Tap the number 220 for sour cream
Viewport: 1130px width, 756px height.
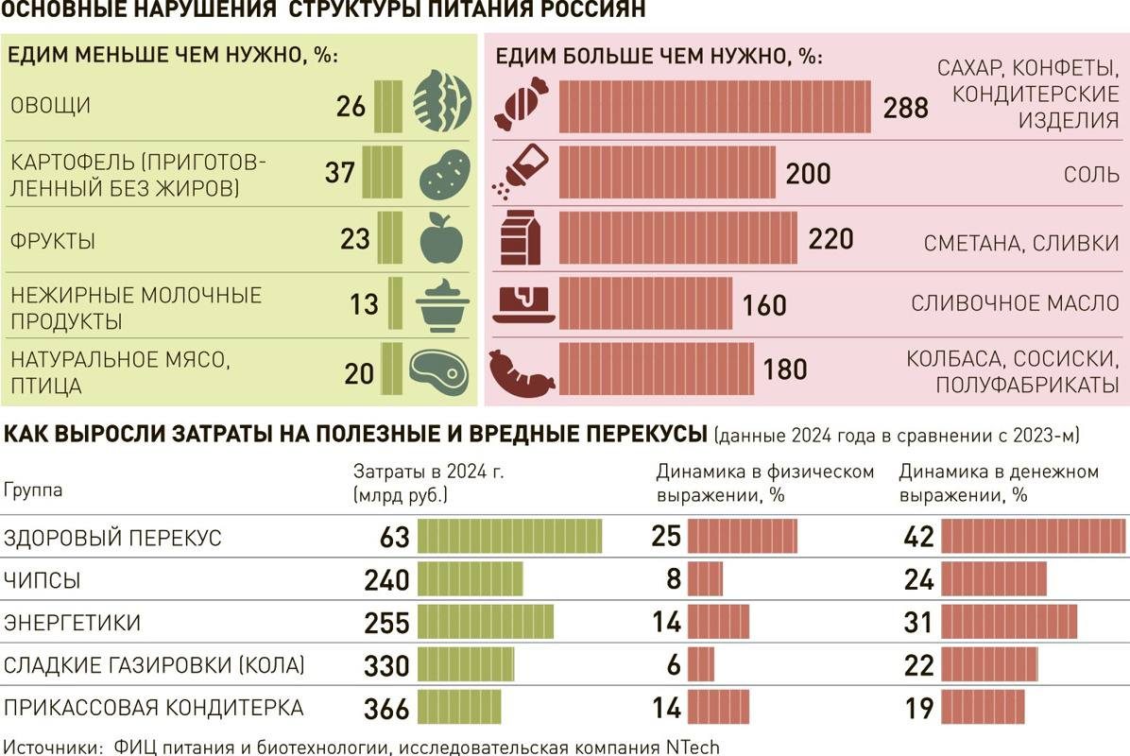(830, 238)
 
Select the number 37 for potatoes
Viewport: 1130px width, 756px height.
(339, 173)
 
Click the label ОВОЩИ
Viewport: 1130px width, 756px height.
(50, 106)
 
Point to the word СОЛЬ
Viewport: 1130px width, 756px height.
(1091, 175)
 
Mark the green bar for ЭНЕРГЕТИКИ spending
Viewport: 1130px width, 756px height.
(486, 623)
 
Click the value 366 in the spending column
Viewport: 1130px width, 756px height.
(386, 709)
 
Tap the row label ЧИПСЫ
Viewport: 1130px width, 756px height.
(42, 580)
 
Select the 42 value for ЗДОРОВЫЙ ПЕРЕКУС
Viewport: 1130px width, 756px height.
(918, 538)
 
